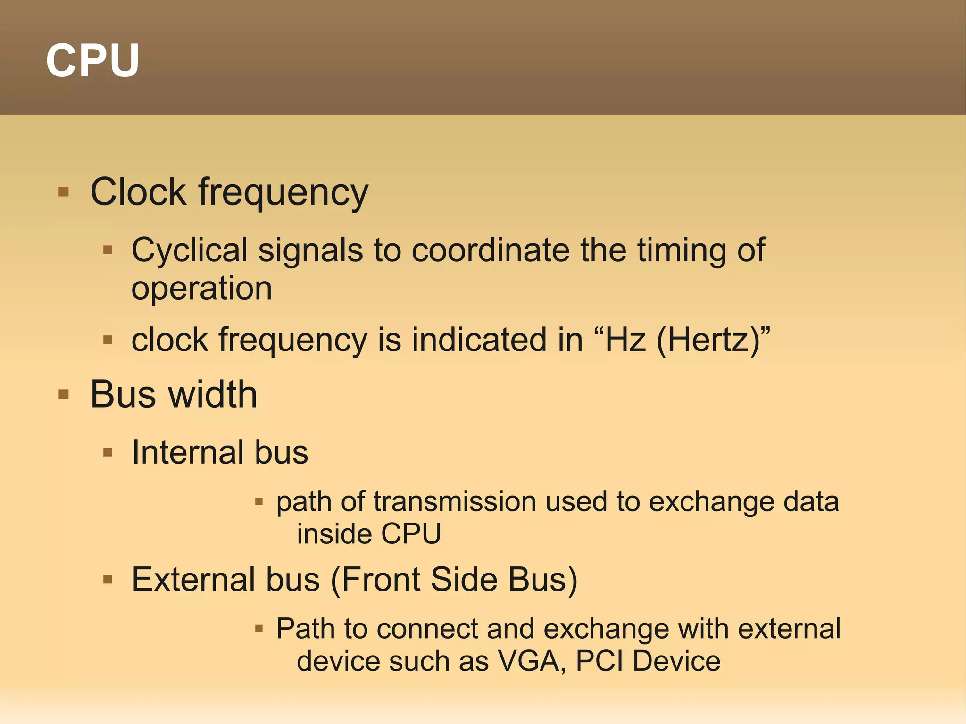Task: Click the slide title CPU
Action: click(92, 60)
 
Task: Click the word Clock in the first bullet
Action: click(138, 192)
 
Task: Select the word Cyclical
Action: click(189, 250)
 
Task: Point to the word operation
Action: click(201, 289)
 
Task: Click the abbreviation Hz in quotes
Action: click(625, 340)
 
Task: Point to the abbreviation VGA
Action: click(532, 661)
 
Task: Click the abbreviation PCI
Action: click(599, 661)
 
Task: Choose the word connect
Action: click(427, 629)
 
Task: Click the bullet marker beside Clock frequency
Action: click(64, 192)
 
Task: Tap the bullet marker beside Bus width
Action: click(64, 394)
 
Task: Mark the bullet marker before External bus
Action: click(108, 580)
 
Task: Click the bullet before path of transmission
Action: click(258, 502)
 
